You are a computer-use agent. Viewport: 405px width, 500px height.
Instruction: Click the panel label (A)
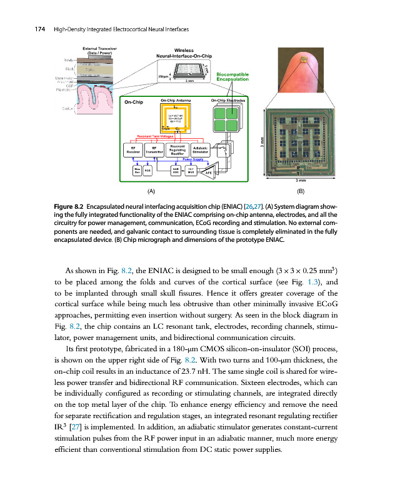[151, 191]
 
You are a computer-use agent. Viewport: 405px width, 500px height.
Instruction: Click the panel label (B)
[301, 191]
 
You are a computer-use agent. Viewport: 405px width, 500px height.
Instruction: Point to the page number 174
[27, 30]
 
